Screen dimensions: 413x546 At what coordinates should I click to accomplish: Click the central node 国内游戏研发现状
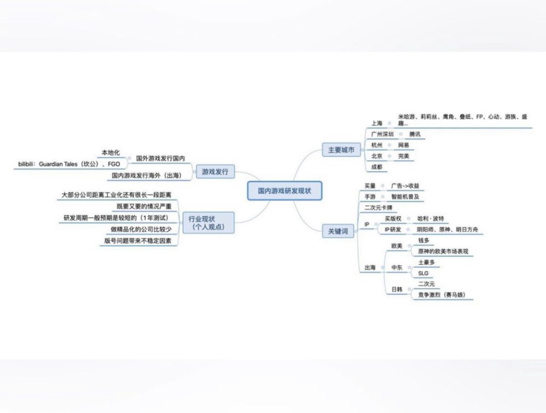click(x=285, y=190)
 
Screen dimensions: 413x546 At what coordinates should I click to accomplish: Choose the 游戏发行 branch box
click(x=215, y=172)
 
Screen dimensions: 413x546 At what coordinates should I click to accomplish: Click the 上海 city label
click(x=377, y=124)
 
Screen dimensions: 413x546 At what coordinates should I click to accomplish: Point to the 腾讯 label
click(x=415, y=134)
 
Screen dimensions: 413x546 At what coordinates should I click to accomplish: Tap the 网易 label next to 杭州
click(x=404, y=145)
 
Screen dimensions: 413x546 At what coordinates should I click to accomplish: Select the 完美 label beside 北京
click(x=404, y=156)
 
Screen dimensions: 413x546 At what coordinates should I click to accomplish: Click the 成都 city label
click(x=377, y=167)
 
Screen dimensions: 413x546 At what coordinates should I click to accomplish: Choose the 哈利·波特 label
click(x=430, y=218)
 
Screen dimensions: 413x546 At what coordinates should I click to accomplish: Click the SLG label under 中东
click(x=423, y=273)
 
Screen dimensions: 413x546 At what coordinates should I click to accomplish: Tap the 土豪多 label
click(x=427, y=262)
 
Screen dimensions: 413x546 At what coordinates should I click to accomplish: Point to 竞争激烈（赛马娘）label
click(x=445, y=295)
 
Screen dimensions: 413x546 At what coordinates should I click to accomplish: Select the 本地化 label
click(x=110, y=153)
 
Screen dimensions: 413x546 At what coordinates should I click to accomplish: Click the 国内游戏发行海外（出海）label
click(x=147, y=175)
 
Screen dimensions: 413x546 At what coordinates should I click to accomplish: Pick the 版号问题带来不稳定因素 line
click(x=138, y=240)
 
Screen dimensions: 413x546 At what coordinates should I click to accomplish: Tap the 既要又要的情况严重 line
click(x=144, y=206)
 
